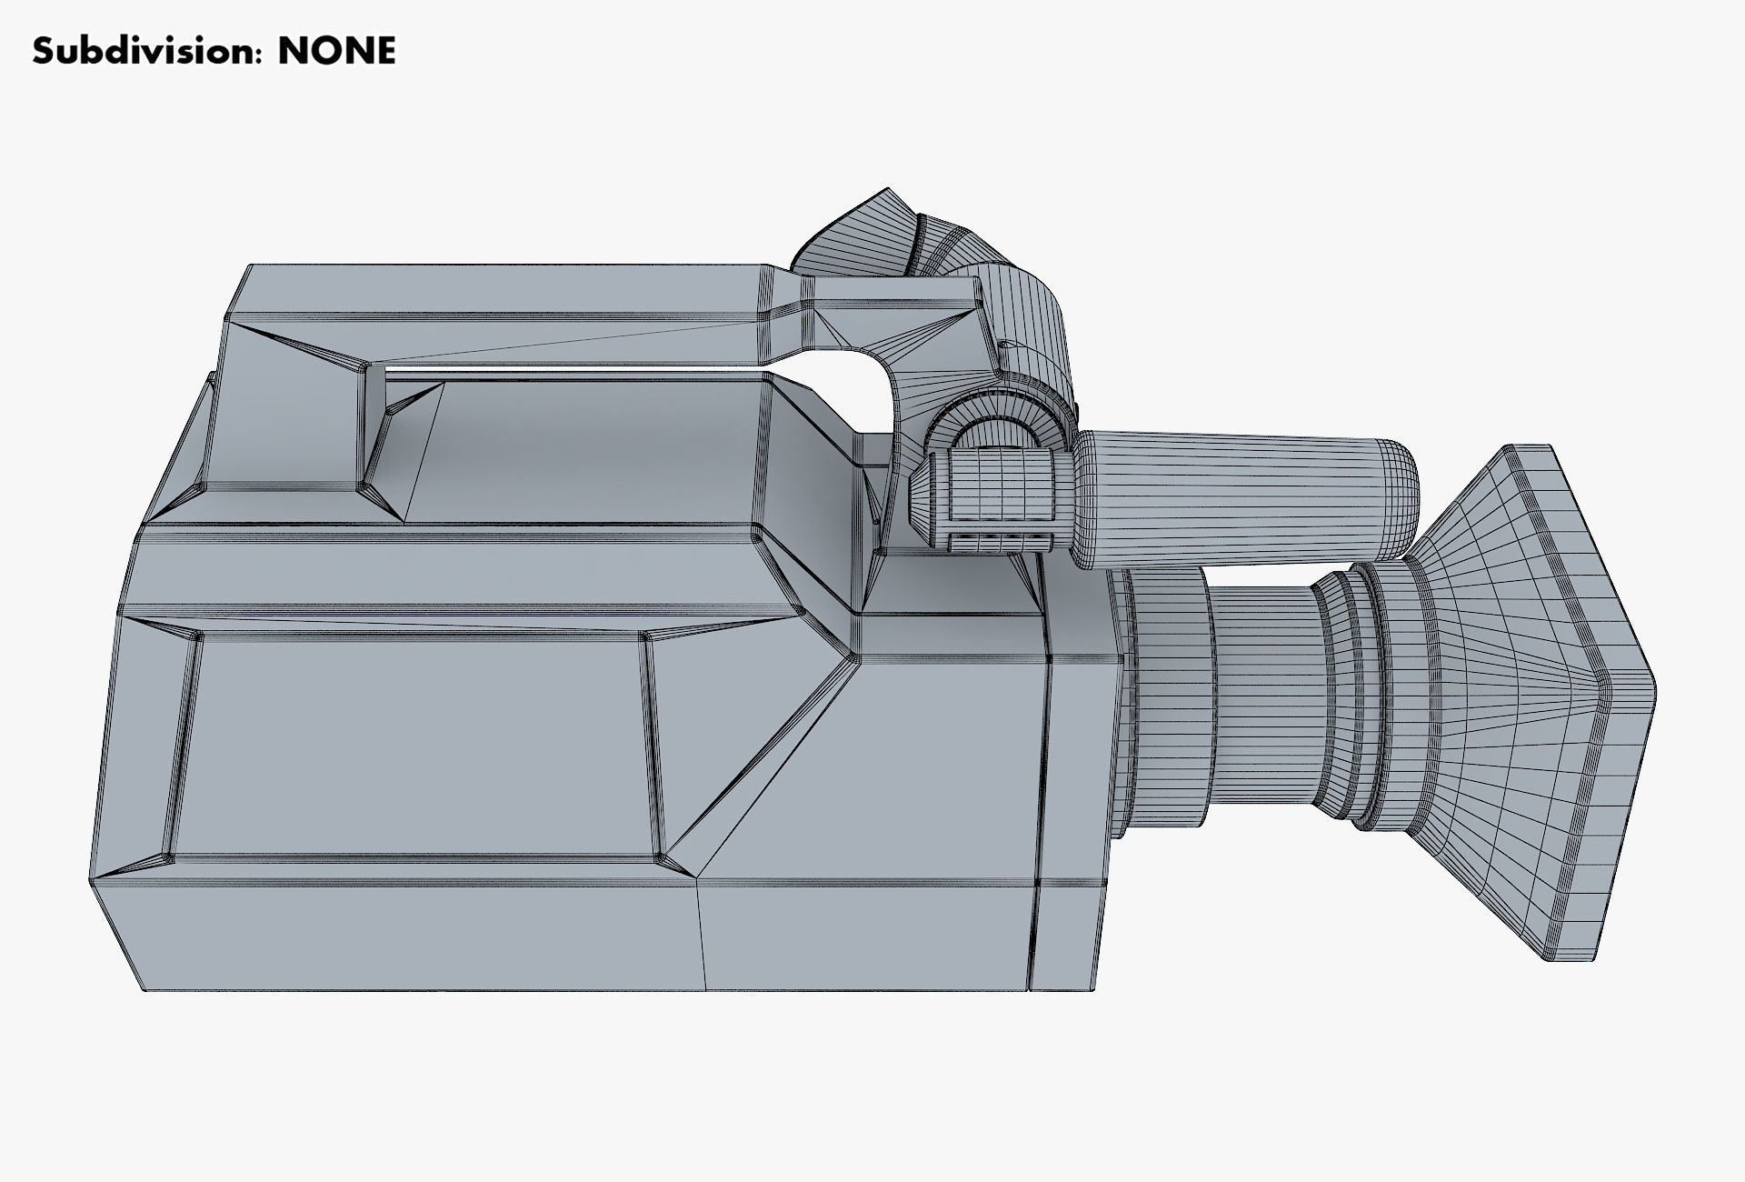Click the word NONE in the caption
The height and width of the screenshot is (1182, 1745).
click(x=336, y=51)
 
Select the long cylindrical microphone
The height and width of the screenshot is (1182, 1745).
click(x=1245, y=500)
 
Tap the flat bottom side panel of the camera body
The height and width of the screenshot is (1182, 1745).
click(x=409, y=937)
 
